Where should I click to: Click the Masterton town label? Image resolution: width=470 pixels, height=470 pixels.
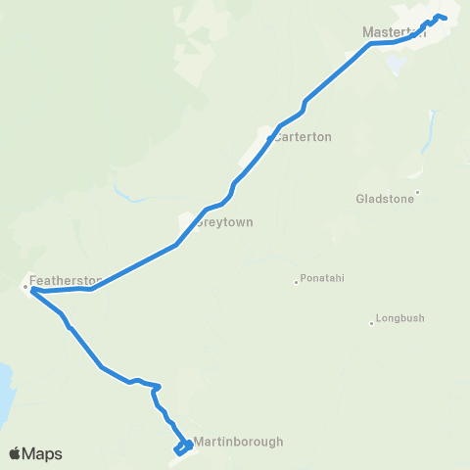pyautogui.click(x=395, y=32)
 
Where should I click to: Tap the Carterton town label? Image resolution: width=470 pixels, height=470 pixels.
pyautogui.click(x=304, y=137)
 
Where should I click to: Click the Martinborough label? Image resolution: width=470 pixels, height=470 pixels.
pyautogui.click(x=239, y=442)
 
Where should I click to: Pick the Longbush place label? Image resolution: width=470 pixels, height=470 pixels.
pyautogui.click(x=401, y=319)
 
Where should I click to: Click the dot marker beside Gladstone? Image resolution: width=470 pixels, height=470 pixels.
pyautogui.click(x=417, y=192)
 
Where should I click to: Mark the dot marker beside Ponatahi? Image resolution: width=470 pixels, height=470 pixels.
pyautogui.click(x=296, y=282)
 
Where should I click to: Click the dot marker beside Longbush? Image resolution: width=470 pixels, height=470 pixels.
pyautogui.click(x=372, y=321)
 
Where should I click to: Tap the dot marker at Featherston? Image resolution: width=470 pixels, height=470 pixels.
pyautogui.click(x=25, y=287)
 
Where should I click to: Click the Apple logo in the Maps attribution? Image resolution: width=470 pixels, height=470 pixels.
pyautogui.click(x=16, y=453)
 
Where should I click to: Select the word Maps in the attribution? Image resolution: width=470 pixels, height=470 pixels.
pyautogui.click(x=43, y=453)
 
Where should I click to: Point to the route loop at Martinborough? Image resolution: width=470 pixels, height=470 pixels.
pyautogui.click(x=182, y=447)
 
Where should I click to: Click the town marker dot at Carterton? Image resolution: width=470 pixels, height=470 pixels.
pyautogui.click(x=269, y=138)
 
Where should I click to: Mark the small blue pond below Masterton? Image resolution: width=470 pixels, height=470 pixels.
pyautogui.click(x=396, y=65)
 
